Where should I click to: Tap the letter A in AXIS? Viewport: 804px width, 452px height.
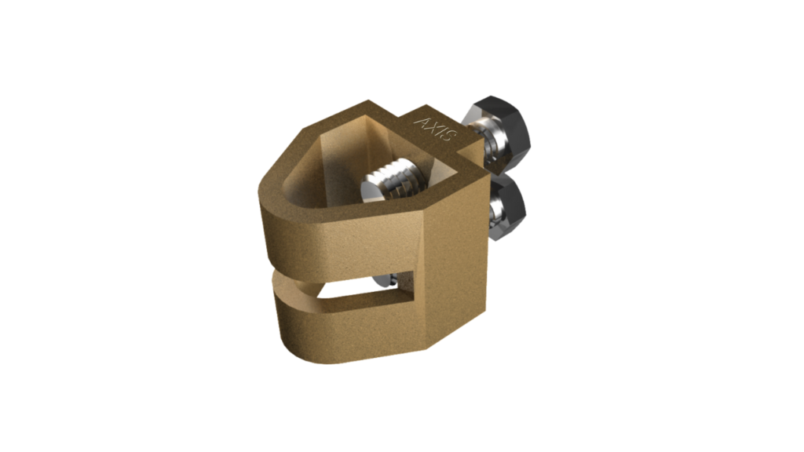pos(424,122)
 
